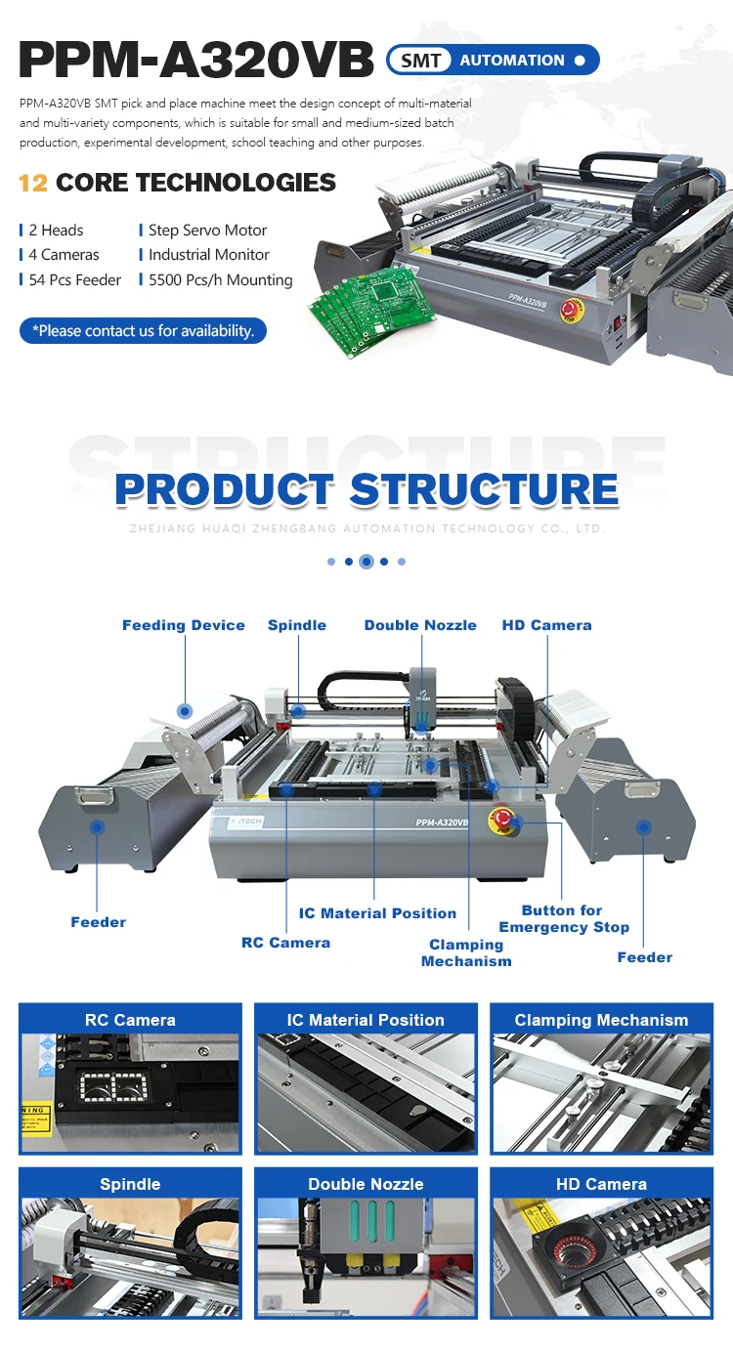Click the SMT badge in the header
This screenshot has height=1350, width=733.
pos(421,61)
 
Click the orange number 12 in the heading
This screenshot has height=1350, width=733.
pos(33,183)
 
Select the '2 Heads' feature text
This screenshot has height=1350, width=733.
pos(56,231)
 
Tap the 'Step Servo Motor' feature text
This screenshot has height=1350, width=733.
pos(207,231)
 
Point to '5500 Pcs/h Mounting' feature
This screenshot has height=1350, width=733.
pos(220,280)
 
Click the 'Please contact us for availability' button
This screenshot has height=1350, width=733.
pos(143,331)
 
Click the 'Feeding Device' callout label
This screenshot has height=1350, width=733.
pos(184,625)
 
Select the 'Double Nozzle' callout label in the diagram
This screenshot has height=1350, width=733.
pos(420,625)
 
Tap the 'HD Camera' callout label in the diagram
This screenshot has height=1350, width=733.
pos(546,625)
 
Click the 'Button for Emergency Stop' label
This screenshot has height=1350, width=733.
pos(563,919)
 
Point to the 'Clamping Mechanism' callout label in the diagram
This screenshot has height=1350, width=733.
pos(466,952)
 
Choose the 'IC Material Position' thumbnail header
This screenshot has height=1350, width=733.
pos(366,1020)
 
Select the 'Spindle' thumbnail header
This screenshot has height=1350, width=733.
pos(130,1184)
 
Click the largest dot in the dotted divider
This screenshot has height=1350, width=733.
pos(366,562)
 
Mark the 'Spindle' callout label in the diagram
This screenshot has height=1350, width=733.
pos(297,625)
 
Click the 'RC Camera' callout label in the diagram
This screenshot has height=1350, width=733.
pos(285,943)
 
